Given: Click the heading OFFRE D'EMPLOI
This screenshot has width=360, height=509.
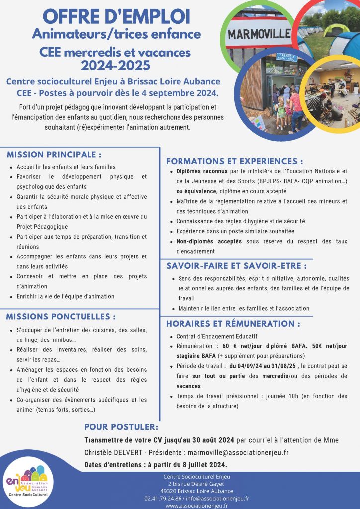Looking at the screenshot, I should click(x=117, y=16).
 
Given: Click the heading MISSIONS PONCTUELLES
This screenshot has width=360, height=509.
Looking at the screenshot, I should click(x=61, y=316).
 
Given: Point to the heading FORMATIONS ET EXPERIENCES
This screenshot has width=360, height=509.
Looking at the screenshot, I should click(x=234, y=161).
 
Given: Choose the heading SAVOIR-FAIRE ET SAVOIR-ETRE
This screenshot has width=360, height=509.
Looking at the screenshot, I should click(x=240, y=266).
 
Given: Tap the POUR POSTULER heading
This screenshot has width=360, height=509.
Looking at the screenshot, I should click(x=121, y=427).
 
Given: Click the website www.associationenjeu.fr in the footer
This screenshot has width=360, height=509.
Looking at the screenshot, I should click(x=196, y=505).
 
